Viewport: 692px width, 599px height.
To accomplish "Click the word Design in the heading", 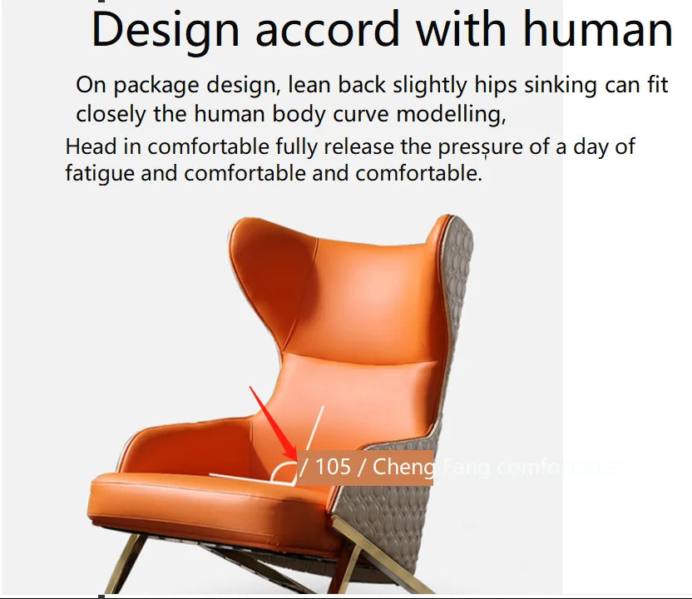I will (166, 30).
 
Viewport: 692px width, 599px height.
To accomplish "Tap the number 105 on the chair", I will (334, 467).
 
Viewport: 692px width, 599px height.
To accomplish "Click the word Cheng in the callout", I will (403, 467).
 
